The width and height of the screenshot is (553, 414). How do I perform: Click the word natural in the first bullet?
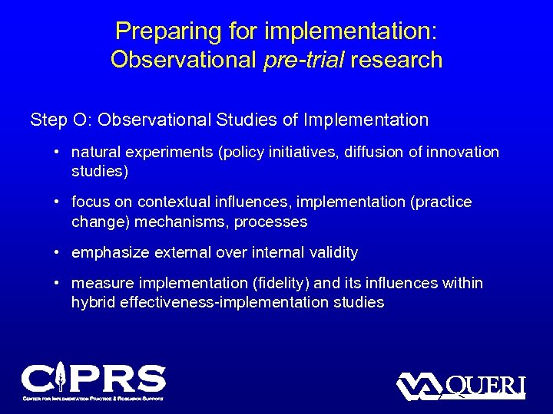pyautogui.click(x=96, y=152)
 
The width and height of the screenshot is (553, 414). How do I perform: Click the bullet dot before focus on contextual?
pyautogui.click(x=58, y=202)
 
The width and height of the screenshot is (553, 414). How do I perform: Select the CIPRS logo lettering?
pyautogui.click(x=93, y=379)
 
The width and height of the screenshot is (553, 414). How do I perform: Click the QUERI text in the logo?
pyautogui.click(x=485, y=386)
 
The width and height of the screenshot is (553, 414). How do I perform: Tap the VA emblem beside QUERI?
pyautogui.click(x=419, y=386)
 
